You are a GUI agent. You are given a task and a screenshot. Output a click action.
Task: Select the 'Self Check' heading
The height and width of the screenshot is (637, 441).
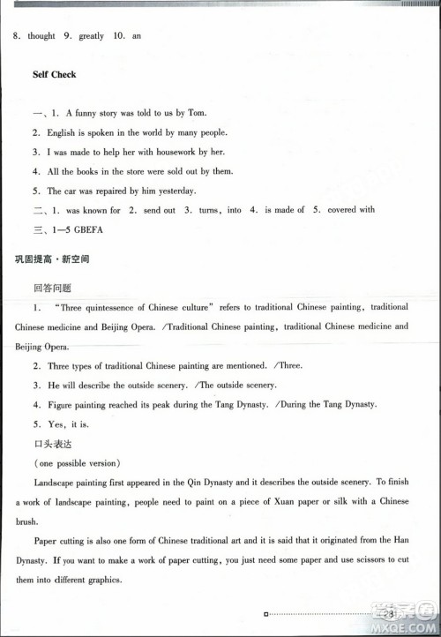(55, 75)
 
